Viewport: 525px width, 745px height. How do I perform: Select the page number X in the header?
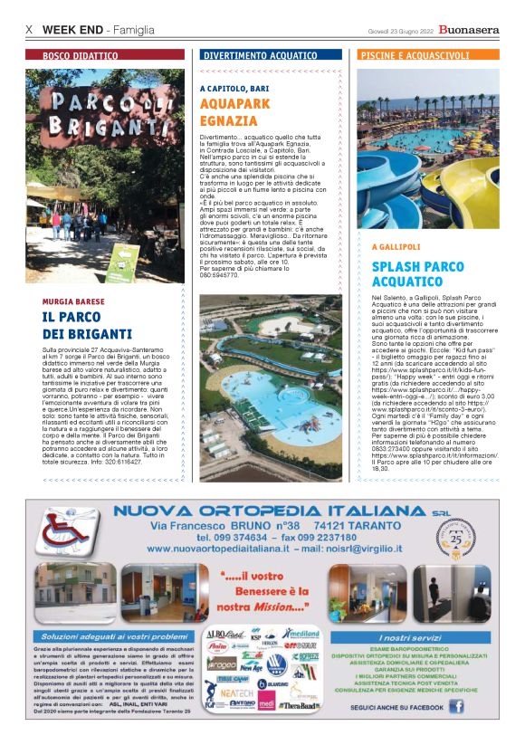tap(29, 30)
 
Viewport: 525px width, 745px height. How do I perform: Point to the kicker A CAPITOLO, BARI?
tap(234, 89)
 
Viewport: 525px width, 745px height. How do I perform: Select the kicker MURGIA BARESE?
tap(74, 301)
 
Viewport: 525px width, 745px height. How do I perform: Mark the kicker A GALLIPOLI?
tap(396, 246)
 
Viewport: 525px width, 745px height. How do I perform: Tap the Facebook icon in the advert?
tap(455, 706)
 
